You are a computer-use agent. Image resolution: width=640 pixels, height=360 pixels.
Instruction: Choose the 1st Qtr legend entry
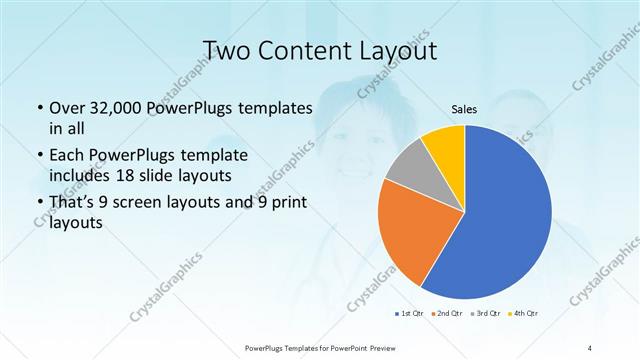click(410, 315)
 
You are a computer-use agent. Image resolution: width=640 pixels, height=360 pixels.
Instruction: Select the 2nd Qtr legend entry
click(447, 315)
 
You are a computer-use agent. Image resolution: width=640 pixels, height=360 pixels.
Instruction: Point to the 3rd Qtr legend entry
click(486, 315)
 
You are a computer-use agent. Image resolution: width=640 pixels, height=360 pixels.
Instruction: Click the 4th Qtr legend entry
click(525, 315)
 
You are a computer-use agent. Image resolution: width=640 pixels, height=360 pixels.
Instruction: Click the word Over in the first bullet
click(66, 108)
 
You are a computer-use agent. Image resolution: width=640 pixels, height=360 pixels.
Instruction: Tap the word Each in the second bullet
click(66, 156)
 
